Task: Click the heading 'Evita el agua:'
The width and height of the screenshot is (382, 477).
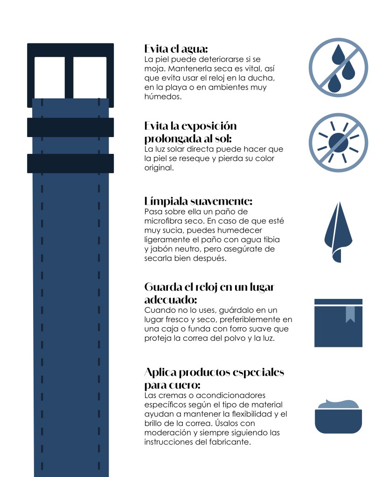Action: (176, 48)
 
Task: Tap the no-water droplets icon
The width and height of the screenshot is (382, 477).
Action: (338, 68)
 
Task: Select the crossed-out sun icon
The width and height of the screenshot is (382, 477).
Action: (338, 143)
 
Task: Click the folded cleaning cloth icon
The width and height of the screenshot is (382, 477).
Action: (338, 232)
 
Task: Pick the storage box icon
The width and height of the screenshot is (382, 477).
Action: (338, 323)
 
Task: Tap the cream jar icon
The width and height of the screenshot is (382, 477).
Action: (338, 416)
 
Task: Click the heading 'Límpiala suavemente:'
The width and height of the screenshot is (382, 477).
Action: (198, 201)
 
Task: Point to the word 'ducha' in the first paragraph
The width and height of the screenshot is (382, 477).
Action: (261, 78)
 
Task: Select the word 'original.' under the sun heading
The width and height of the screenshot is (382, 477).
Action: (159, 168)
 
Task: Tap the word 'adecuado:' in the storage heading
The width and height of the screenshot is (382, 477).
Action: (170, 300)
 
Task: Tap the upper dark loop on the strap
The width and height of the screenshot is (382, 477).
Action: (70, 127)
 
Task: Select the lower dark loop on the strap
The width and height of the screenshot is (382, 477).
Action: (70, 163)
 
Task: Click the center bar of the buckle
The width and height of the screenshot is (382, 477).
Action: (69, 77)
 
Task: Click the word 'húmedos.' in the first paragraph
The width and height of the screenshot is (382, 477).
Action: (163, 97)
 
